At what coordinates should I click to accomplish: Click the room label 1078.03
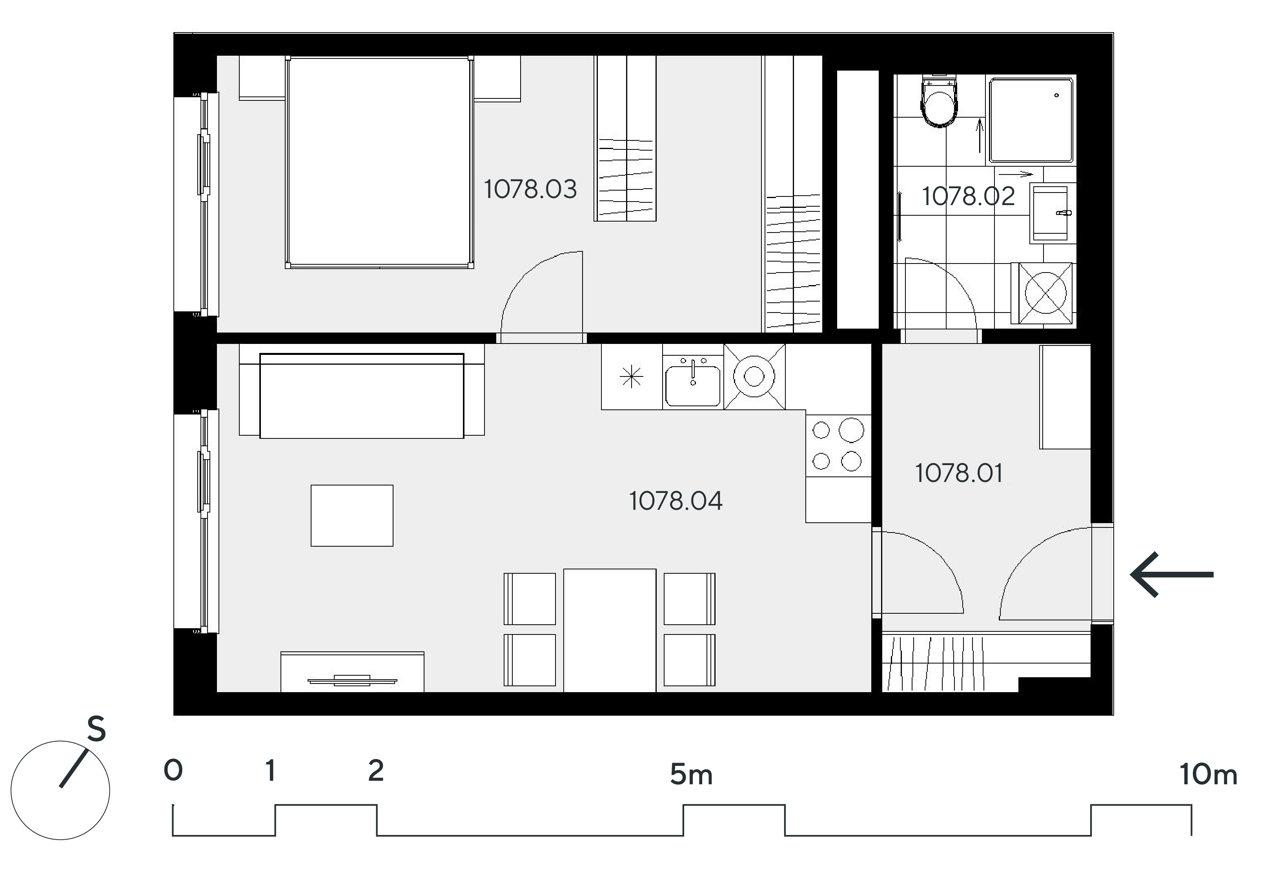(530, 189)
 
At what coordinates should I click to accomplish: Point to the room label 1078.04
(676, 500)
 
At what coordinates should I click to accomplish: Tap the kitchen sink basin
(693, 385)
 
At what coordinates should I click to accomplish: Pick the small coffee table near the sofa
(352, 515)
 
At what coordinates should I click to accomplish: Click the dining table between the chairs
(610, 630)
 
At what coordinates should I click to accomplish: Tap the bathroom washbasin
(1051, 213)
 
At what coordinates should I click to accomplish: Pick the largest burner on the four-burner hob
(851, 430)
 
